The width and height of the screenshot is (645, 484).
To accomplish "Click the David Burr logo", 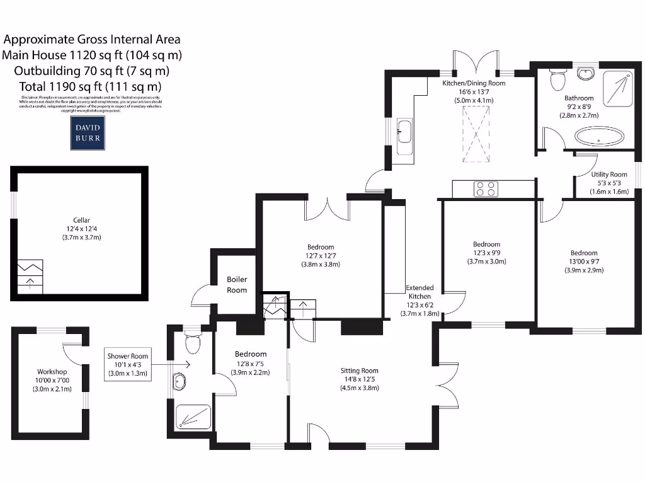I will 88,132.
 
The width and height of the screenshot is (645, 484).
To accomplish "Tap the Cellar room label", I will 81,220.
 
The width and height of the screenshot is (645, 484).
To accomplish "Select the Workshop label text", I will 52,372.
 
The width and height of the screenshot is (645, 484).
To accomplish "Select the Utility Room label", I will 609,175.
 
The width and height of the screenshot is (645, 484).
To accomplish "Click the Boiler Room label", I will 237,284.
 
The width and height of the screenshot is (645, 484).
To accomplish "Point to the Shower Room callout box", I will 127,364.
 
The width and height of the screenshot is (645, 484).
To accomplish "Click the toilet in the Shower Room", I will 193,343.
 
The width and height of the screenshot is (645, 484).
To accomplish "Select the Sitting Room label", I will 360,371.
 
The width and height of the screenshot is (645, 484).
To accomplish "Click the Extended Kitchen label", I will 420,292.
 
